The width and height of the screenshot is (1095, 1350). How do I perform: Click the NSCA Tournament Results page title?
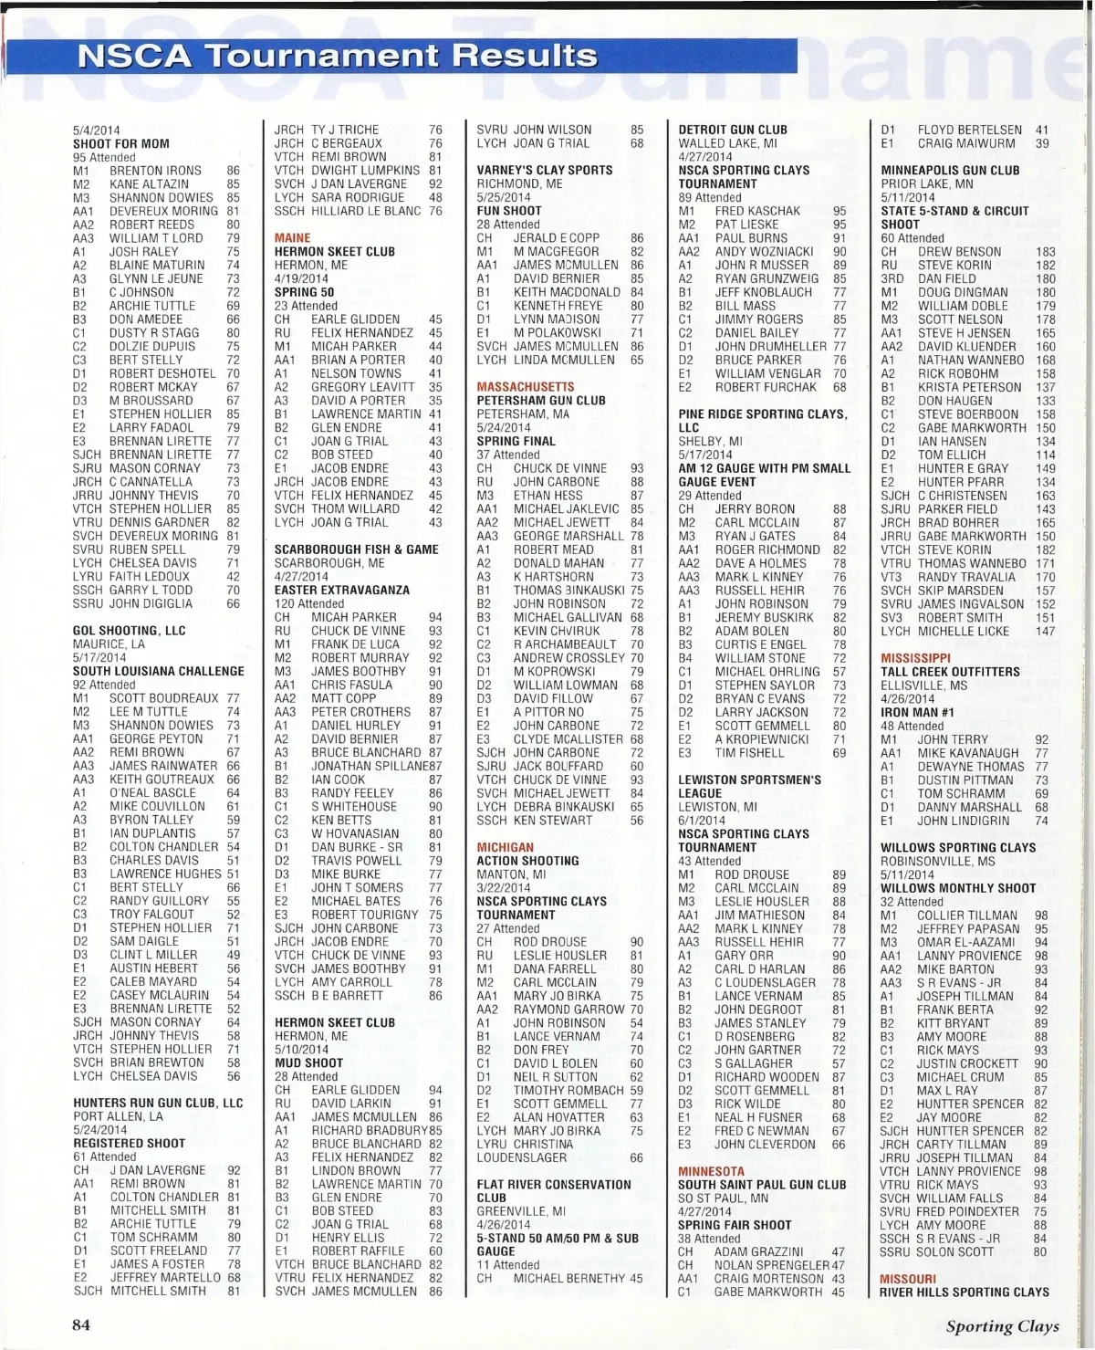pos(338,57)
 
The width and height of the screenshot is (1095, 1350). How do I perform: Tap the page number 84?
pos(81,1324)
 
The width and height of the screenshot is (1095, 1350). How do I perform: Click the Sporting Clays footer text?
pos(1002,1326)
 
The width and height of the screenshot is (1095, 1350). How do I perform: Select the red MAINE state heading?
pos(293,238)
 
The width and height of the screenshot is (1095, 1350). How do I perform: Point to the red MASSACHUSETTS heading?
pos(526,387)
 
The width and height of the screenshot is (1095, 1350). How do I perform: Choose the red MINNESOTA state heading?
pos(711,1171)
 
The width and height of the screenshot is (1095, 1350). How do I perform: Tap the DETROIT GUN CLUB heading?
pos(733,130)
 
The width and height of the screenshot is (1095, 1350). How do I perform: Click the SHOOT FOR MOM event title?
pos(121,143)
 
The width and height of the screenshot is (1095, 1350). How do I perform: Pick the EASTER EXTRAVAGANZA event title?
pos(342,590)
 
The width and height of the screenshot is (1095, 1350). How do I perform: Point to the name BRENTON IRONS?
pos(155,171)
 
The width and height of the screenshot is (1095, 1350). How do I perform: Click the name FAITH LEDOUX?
pos(150,577)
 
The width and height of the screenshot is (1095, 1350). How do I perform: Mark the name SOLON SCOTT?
pos(955,1252)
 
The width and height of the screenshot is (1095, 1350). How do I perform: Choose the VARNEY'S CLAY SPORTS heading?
pos(545,170)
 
